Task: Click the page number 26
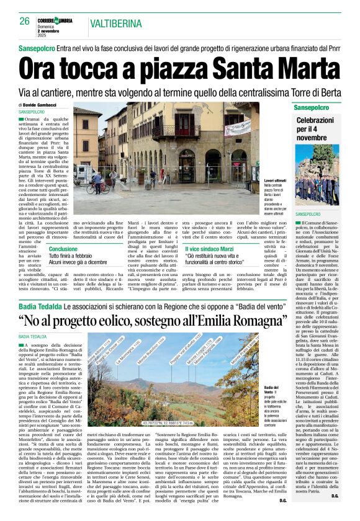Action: pos(25,20)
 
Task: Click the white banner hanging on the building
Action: pos(238,130)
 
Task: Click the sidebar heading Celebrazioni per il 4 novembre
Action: pos(315,128)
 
